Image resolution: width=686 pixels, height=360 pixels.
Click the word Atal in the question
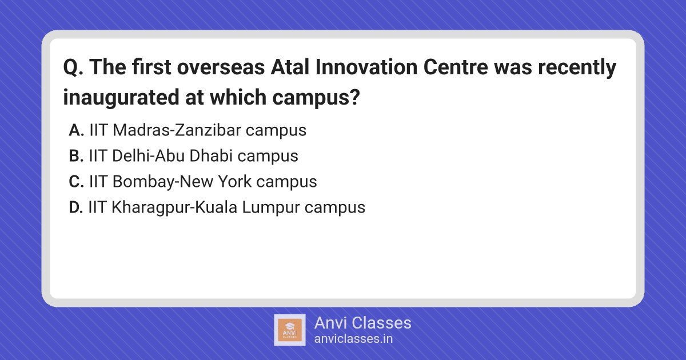click(290, 67)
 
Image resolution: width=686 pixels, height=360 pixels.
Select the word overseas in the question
click(221, 67)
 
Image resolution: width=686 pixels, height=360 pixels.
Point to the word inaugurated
click(121, 98)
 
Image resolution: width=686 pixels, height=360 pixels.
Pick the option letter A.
click(76, 130)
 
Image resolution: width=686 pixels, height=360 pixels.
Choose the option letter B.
click(76, 156)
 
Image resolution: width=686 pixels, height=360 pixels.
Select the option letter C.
click(76, 182)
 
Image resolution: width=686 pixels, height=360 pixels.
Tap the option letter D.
click(76, 207)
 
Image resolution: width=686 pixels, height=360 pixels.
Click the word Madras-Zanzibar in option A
click(177, 130)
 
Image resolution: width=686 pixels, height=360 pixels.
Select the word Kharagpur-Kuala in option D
click(174, 207)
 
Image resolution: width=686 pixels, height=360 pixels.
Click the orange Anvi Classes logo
click(290, 330)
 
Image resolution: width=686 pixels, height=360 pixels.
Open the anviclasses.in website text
click(353, 339)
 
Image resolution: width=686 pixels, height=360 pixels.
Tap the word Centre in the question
click(456, 67)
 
